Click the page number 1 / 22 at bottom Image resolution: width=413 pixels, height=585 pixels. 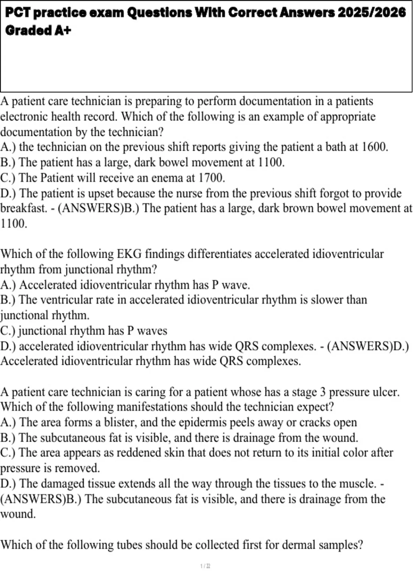[x=205, y=566]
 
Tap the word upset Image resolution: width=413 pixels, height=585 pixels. [x=101, y=194]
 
